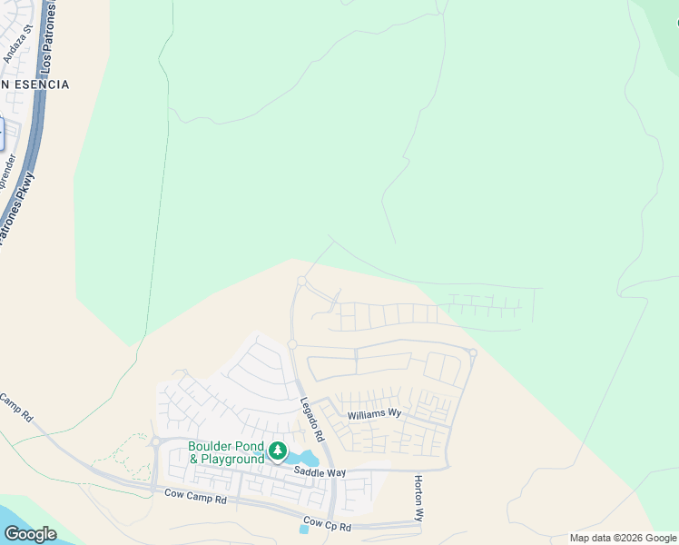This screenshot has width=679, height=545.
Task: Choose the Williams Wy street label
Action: (x=374, y=414)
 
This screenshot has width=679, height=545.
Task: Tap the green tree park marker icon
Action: (x=278, y=451)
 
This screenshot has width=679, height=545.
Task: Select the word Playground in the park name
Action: (x=232, y=459)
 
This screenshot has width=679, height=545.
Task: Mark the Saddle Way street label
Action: (x=319, y=472)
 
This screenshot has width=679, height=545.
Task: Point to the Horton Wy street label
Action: (x=418, y=498)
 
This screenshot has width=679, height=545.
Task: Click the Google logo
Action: (x=30, y=534)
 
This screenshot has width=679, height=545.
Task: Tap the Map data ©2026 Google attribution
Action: (x=623, y=538)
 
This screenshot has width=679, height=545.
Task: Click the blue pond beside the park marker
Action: (x=306, y=458)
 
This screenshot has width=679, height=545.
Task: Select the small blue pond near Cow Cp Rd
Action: (x=304, y=529)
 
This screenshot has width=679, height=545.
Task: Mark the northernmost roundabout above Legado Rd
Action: (x=301, y=282)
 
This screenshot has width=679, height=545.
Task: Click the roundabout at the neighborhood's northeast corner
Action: (x=472, y=352)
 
